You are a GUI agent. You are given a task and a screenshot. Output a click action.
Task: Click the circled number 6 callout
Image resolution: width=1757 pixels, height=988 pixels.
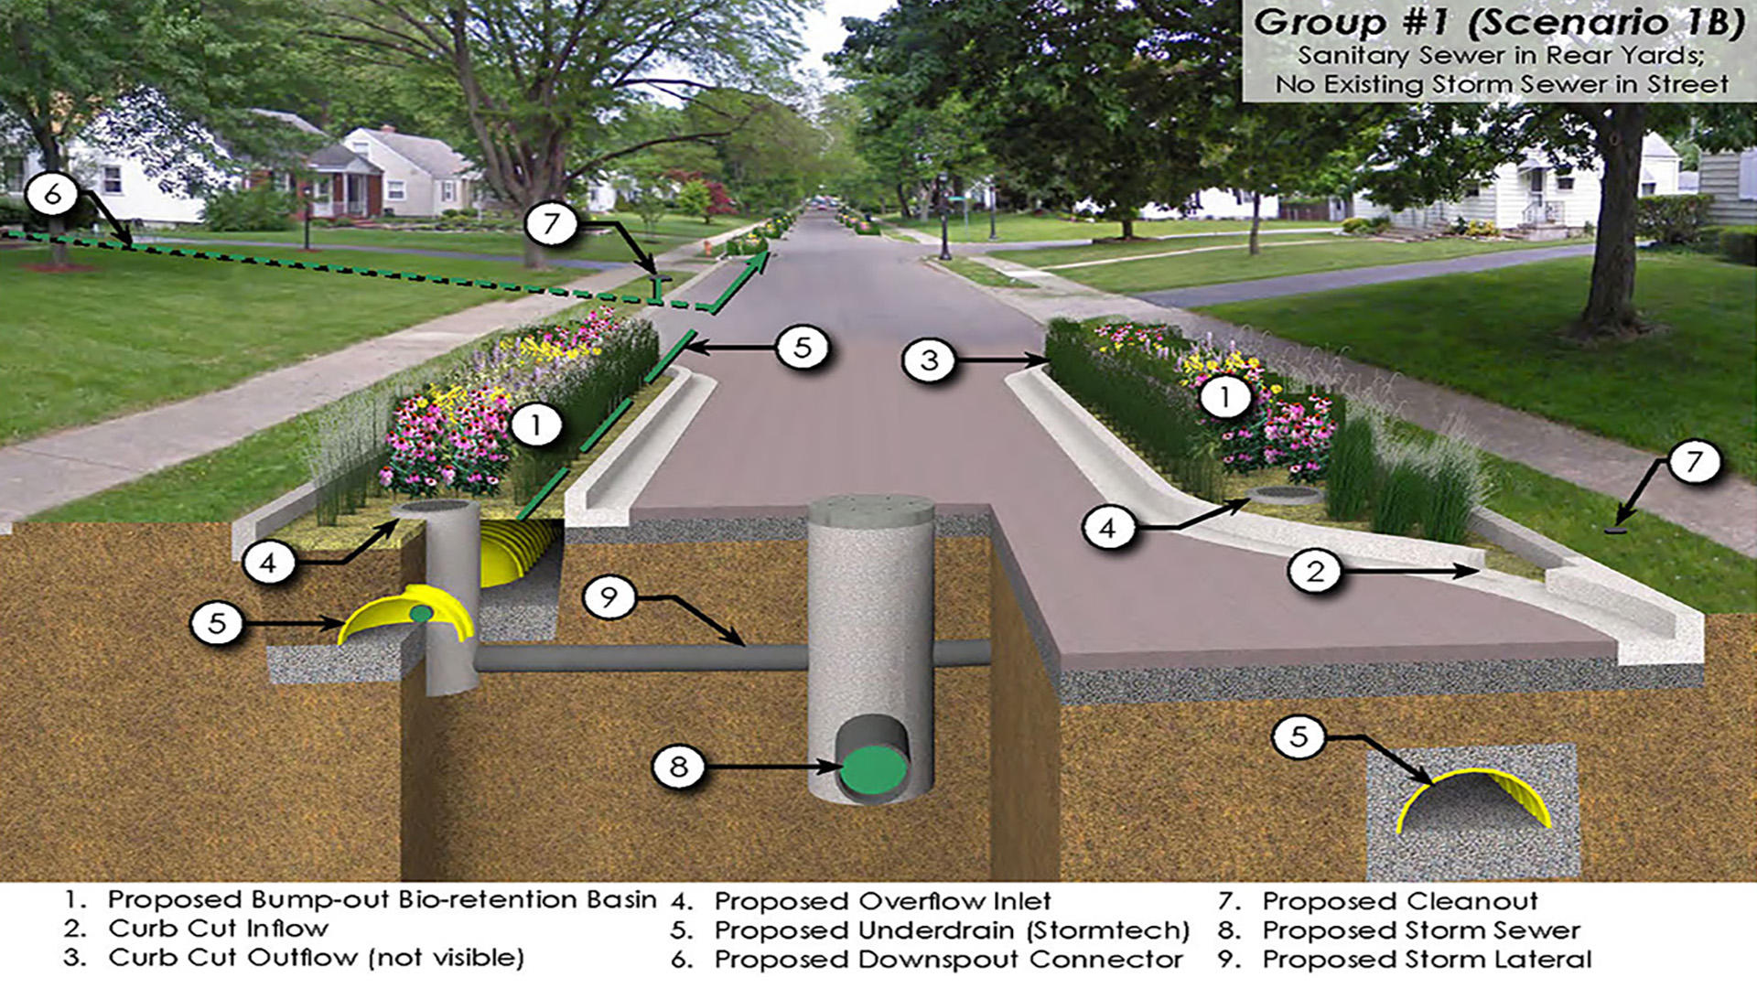(53, 193)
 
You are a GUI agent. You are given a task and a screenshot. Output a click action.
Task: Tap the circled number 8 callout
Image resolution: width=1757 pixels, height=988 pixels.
(678, 766)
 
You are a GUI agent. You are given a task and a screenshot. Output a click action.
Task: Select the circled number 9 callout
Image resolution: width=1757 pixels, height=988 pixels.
(609, 596)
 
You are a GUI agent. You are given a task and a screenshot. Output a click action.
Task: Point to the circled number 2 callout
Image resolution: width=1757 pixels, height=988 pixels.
(1315, 571)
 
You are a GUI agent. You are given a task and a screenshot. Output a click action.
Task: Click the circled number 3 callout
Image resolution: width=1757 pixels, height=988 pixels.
(929, 360)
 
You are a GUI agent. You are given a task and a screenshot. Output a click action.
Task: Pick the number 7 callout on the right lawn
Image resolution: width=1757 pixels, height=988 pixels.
(1694, 461)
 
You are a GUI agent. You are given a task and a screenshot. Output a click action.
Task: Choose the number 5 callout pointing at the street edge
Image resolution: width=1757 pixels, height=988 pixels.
(803, 348)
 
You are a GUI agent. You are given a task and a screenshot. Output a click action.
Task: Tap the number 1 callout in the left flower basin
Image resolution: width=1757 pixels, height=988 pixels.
(535, 424)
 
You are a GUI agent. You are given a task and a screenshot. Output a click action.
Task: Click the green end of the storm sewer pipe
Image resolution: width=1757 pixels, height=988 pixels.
(873, 769)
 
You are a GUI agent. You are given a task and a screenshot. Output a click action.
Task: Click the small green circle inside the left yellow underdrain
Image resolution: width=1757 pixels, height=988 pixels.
(421, 613)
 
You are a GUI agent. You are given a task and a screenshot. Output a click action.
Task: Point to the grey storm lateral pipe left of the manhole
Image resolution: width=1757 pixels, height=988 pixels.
(641, 657)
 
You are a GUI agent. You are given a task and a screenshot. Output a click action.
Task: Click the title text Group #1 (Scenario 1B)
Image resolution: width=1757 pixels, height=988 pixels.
(1498, 23)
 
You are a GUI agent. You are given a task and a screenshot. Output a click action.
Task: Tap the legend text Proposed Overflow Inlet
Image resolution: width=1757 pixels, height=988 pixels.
(882, 901)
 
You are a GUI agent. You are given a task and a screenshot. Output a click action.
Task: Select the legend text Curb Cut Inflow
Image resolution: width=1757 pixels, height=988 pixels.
(218, 929)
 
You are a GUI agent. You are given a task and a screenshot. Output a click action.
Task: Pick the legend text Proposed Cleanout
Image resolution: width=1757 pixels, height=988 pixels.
(1400, 901)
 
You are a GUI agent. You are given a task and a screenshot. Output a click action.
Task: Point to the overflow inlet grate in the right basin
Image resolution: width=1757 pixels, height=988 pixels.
(1286, 496)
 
